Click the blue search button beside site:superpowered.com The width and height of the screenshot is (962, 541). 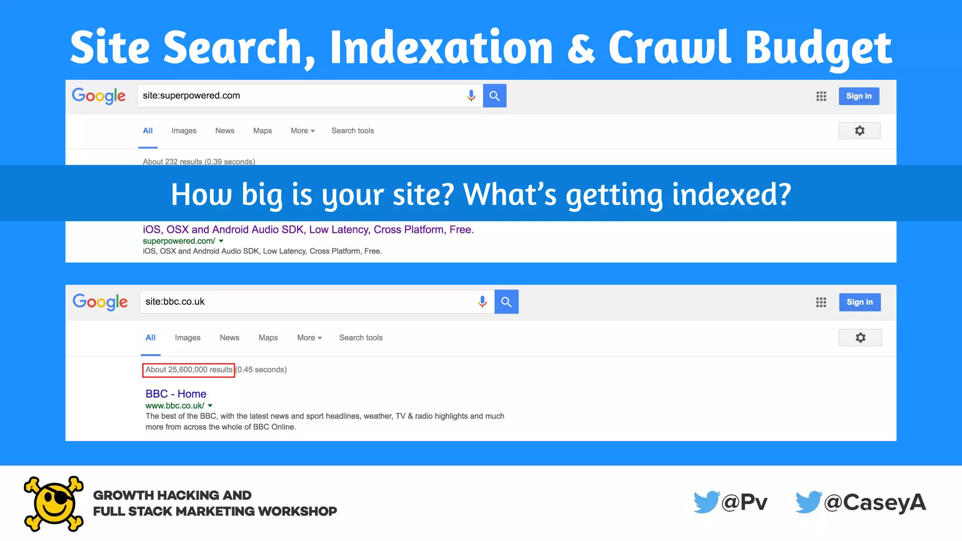[494, 96]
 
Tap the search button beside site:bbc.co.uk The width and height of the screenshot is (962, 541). [506, 301]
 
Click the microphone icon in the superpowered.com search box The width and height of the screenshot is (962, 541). [471, 96]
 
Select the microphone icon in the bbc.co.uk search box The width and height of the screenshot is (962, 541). [482, 301]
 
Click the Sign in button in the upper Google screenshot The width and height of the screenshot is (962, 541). [859, 96]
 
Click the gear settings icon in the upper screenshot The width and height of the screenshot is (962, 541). [859, 131]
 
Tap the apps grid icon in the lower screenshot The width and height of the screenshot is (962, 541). [821, 302]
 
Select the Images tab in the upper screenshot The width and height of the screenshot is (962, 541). [184, 131]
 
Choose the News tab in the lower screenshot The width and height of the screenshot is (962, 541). [229, 338]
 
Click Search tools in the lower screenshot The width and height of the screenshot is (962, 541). [361, 338]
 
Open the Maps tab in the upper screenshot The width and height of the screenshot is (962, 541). [262, 131]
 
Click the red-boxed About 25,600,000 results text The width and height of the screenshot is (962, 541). [188, 370]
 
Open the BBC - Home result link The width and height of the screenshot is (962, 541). [176, 394]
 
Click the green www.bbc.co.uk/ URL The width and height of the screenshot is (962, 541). [175, 406]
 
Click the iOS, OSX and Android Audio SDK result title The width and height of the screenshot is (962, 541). [308, 230]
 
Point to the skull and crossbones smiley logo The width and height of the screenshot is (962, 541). [54, 503]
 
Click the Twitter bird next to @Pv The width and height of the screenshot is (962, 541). [706, 502]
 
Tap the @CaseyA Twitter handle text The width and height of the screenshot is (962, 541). [875, 502]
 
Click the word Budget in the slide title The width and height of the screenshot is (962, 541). [818, 48]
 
